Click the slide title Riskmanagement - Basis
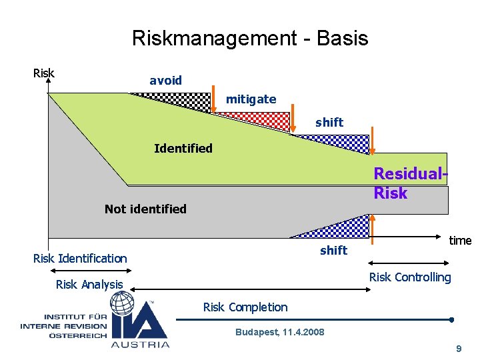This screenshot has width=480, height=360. [249, 38]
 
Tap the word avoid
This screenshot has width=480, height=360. [165, 81]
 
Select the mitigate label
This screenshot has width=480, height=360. [251, 99]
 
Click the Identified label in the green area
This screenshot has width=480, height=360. [183, 148]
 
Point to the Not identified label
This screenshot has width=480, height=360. [145, 209]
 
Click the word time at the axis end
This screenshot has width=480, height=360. [460, 241]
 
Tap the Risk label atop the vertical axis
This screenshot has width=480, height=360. [43, 73]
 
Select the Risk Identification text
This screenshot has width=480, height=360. [80, 259]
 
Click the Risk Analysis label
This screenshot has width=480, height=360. [89, 285]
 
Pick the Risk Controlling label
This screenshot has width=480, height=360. [410, 277]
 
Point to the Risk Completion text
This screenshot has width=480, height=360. [245, 307]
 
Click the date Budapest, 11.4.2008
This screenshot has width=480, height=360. [279, 332]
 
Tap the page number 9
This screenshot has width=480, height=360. [458, 349]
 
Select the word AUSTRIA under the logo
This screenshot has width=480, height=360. [140, 344]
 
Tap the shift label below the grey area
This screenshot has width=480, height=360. [333, 250]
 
